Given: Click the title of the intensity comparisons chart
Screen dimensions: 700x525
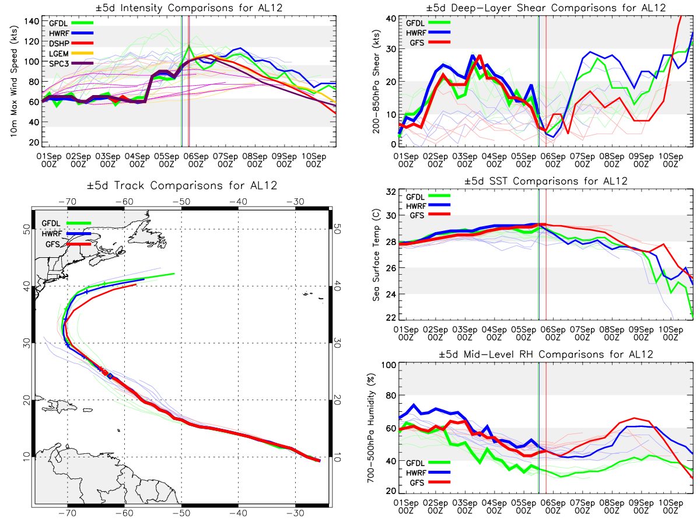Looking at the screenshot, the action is [189, 8].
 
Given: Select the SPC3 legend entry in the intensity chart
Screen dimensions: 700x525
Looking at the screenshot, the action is [71, 64].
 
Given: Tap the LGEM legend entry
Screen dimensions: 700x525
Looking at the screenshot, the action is [71, 54].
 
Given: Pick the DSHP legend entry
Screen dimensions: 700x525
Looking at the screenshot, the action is [71, 43].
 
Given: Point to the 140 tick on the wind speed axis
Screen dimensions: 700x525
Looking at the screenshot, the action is [32, 22].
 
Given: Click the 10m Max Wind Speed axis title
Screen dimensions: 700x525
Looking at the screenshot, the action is [14, 81].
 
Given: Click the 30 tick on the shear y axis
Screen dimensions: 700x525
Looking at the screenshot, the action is [391, 49].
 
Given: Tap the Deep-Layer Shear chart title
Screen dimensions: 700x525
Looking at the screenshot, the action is [545, 8].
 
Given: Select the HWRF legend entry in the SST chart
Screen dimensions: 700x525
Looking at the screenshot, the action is [428, 206].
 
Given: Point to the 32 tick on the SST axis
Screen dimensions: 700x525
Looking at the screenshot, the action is [391, 192].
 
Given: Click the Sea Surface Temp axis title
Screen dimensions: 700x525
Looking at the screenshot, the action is [376, 255].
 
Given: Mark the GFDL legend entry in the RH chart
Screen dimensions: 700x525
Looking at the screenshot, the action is [428, 463].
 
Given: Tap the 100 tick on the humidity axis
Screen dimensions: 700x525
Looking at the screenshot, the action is [388, 365].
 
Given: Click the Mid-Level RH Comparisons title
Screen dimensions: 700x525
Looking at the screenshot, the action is [545, 355].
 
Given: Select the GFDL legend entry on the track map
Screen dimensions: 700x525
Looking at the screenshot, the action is [66, 223].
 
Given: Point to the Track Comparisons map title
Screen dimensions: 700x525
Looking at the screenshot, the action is [182, 185].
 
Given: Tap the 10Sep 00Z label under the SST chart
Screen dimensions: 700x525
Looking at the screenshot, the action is [671, 334].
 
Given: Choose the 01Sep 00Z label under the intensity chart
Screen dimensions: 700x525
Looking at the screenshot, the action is [49, 160].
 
